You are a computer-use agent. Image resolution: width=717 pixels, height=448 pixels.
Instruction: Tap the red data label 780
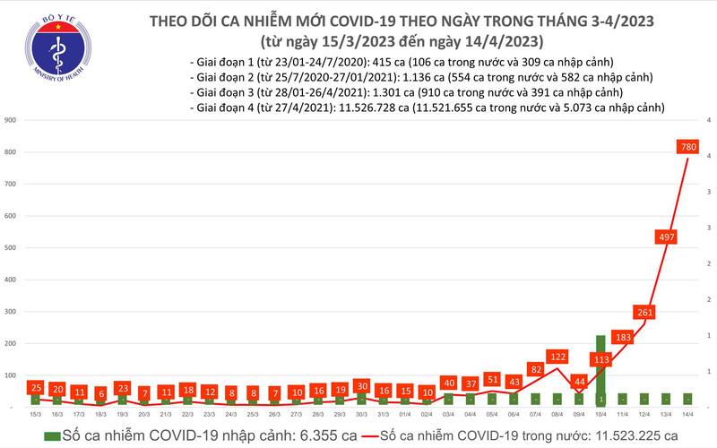(688, 146)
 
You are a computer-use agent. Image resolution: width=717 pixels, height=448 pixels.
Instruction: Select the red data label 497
(666, 237)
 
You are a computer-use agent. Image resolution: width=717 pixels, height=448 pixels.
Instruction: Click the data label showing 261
(644, 312)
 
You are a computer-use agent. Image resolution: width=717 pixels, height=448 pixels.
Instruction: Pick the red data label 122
(557, 356)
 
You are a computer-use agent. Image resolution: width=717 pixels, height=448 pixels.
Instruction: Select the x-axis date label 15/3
(35, 415)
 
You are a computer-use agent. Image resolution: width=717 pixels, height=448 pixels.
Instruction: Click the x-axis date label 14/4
(688, 415)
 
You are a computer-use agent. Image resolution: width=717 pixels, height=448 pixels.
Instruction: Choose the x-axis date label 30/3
(361, 415)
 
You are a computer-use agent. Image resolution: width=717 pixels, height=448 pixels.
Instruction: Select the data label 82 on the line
(536, 368)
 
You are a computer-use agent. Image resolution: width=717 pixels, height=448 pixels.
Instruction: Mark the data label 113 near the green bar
(601, 360)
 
